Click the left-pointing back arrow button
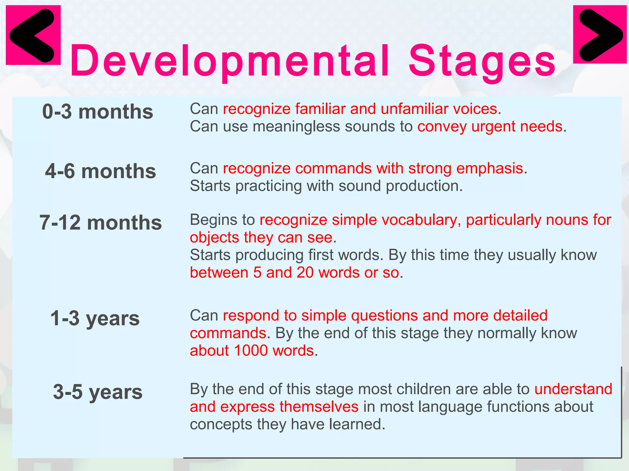pos(33,35)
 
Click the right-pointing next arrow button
pos(600,34)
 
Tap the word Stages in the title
pos(482,61)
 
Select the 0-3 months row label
pos(98,112)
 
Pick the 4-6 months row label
pos(100,171)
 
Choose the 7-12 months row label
pos(100,223)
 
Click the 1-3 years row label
pos(95,318)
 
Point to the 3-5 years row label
pos(98,392)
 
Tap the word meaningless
pos(296,127)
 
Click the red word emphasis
pos(490,169)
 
